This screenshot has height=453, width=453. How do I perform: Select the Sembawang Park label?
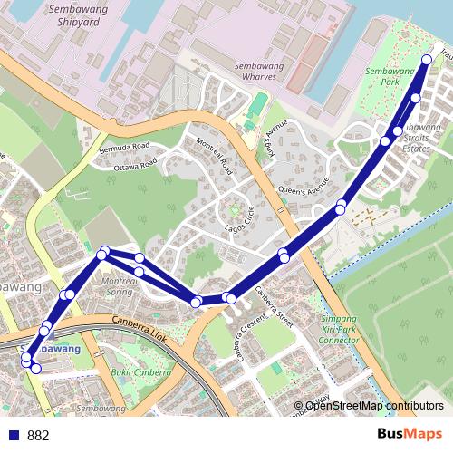click(x=389, y=76)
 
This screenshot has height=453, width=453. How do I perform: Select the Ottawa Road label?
click(x=135, y=165)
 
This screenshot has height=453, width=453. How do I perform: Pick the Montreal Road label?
click(x=210, y=155)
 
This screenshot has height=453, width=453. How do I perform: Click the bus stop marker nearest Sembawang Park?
click(x=427, y=60)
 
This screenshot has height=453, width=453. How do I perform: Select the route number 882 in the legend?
click(x=38, y=436)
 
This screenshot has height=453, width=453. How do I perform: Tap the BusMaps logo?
click(x=410, y=434)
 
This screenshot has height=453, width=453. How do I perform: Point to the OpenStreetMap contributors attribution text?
click(x=374, y=407)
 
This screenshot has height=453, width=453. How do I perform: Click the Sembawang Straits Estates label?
click(x=423, y=138)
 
